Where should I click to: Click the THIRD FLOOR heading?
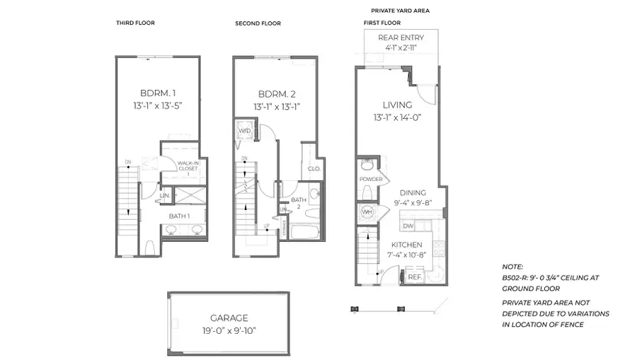click(135, 23)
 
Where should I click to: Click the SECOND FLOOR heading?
click(258, 23)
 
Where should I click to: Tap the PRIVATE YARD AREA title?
click(400, 11)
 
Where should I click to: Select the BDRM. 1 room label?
click(157, 93)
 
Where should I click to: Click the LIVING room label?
click(397, 105)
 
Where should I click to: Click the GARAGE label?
click(229, 318)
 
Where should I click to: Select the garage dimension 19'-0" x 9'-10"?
click(229, 330)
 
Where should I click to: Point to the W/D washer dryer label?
click(244, 132)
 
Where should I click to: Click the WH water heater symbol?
click(367, 212)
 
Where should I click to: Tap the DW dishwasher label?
click(408, 226)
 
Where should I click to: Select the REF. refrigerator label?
click(415, 278)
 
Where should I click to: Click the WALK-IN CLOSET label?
click(188, 167)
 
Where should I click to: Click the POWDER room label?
click(371, 180)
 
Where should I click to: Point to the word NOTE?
click(512, 267)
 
